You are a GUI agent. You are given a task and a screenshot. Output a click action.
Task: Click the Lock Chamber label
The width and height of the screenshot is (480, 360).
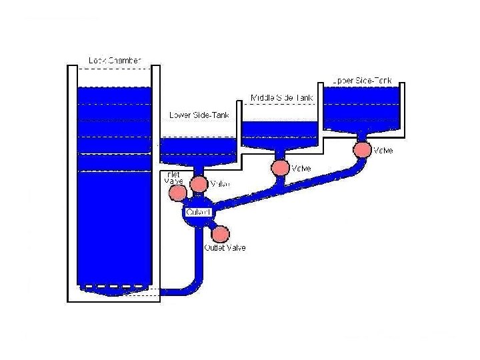pyautogui.click(x=115, y=61)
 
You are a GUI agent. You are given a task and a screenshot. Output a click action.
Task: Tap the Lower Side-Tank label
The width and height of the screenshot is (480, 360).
pyautogui.click(x=199, y=115)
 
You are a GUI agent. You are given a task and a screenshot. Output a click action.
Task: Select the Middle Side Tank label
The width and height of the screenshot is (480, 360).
pyautogui.click(x=281, y=98)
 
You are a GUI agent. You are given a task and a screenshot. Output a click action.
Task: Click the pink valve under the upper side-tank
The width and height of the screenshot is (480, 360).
pyautogui.click(x=363, y=149)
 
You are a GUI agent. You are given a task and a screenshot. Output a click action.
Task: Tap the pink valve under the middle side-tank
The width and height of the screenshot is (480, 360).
pyautogui.click(x=281, y=167)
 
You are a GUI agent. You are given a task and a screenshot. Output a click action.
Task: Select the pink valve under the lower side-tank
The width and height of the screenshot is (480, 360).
pyautogui.click(x=199, y=183)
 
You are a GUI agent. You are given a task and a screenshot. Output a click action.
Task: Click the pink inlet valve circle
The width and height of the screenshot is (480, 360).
pyautogui.click(x=177, y=193)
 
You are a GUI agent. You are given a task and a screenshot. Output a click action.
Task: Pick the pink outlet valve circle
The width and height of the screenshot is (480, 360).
pyautogui.click(x=220, y=234)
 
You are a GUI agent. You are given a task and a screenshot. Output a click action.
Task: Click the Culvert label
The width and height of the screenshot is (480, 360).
pyautogui.click(x=198, y=212)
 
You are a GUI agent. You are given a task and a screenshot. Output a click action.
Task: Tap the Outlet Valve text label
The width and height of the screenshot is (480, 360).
pyautogui.click(x=225, y=248)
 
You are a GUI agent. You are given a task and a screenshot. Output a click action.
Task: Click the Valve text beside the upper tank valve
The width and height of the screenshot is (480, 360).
pyautogui.click(x=383, y=151)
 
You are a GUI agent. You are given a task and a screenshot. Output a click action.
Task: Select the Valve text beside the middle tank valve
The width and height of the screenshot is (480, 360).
pyautogui.click(x=301, y=169)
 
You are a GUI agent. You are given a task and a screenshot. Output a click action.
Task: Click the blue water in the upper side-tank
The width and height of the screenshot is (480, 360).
pyautogui.click(x=362, y=107)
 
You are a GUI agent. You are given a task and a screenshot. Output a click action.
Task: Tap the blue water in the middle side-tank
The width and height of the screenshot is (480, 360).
pyautogui.click(x=280, y=133)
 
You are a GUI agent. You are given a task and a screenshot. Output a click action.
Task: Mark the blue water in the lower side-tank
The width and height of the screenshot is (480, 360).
pyautogui.click(x=199, y=150)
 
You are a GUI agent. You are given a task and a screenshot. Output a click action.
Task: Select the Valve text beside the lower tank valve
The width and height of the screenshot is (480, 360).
pyautogui.click(x=220, y=184)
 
